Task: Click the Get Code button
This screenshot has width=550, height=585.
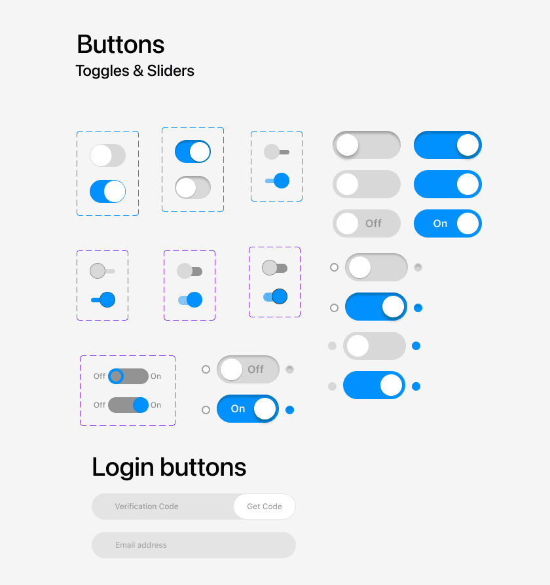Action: [265, 506]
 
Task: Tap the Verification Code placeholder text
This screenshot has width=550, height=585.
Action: [147, 506]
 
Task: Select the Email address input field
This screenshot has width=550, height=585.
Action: [194, 545]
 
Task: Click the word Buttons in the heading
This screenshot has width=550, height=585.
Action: [120, 44]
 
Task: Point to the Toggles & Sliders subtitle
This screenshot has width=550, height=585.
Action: [135, 71]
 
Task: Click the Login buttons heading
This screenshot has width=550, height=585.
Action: [169, 467]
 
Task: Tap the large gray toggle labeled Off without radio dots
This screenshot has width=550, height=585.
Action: [367, 224]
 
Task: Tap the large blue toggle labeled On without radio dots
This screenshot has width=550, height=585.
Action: [448, 224]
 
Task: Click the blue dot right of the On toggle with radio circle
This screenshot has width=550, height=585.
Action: [290, 410]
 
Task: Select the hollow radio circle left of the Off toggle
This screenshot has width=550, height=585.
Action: [206, 369]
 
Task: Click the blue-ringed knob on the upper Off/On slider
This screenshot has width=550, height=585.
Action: [116, 376]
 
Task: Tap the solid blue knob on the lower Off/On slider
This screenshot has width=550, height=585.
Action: [141, 405]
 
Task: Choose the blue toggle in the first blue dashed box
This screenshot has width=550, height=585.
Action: [107, 191]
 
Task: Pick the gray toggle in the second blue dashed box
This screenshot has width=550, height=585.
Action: [192, 187]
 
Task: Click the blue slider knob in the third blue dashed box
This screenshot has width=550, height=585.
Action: [282, 181]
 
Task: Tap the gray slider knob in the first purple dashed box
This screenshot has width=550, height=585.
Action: [98, 271]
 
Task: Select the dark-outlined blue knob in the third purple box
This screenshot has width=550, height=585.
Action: [280, 296]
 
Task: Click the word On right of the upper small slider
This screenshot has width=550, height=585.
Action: [156, 376]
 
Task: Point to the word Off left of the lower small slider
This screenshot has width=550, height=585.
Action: [100, 405]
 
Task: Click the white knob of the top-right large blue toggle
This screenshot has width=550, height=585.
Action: [468, 145]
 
